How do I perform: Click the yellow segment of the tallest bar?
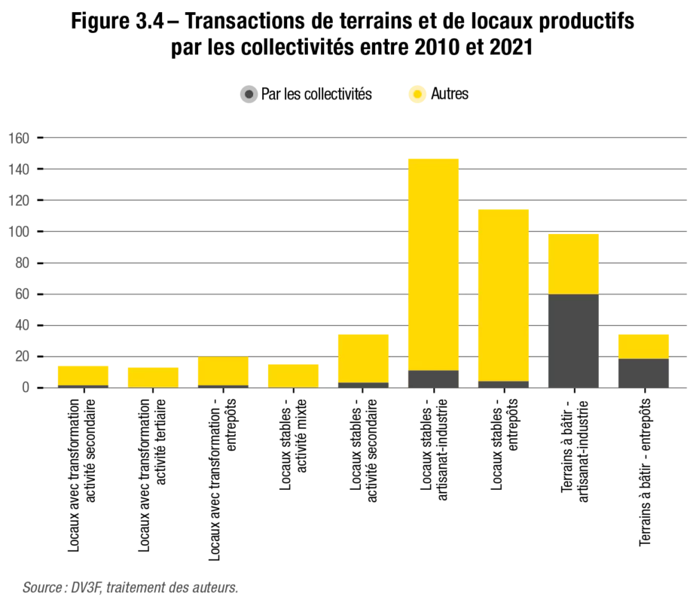pyautogui.click(x=432, y=263)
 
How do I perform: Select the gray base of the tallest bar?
pyautogui.click(x=432, y=379)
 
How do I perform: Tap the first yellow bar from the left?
pyautogui.click(x=84, y=374)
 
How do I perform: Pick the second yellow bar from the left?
pyautogui.click(x=153, y=376)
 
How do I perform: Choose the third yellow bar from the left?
pyautogui.click(x=222, y=371)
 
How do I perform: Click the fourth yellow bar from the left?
pyautogui.click(x=292, y=374)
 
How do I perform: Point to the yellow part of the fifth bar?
pyautogui.click(x=363, y=357)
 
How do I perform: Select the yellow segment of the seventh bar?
pyautogui.click(x=503, y=293)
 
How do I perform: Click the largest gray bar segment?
pyautogui.click(x=572, y=340)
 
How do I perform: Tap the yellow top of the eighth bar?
pyautogui.click(x=572, y=263)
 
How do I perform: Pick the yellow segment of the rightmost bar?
pyautogui.click(x=643, y=345)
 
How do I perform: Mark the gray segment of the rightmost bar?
pyautogui.click(x=643, y=372)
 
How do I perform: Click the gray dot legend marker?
pyautogui.click(x=249, y=95)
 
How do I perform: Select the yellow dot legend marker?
pyautogui.click(x=417, y=95)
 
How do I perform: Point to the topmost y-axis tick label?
pyautogui.click(x=18, y=135)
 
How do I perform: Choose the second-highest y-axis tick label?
pyautogui.click(x=18, y=172)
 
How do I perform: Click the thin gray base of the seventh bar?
pyautogui.click(x=503, y=384)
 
